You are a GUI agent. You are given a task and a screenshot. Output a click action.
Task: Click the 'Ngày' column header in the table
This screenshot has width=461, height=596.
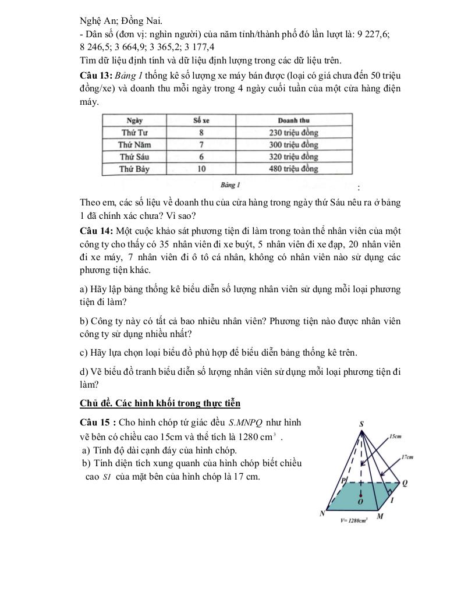pos(134,120)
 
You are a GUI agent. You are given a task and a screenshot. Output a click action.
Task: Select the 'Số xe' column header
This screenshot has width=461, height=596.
pos(201,120)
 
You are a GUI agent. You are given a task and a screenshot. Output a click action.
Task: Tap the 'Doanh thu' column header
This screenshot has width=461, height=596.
pos(293,120)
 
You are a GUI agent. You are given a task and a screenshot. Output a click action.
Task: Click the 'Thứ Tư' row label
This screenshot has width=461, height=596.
pos(134,133)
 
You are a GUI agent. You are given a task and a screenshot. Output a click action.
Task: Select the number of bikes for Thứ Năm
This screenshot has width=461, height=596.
pos(201,145)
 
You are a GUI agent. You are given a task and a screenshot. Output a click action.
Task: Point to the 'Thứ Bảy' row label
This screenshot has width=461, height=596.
pos(134,169)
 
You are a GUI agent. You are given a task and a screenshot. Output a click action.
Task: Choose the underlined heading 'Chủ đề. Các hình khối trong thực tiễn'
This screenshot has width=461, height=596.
pos(159,403)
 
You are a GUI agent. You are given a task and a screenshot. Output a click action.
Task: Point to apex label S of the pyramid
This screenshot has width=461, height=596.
pos(361,424)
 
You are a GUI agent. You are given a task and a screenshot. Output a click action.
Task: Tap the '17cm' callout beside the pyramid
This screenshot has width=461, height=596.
pos(406,457)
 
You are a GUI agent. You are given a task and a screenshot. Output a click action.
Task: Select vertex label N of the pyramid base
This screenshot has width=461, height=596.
pos(322,514)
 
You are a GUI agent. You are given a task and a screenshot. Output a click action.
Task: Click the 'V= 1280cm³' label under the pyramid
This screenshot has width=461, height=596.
pos(354,521)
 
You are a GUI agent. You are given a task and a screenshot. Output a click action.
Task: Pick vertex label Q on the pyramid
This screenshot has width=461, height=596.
pos(404,483)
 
